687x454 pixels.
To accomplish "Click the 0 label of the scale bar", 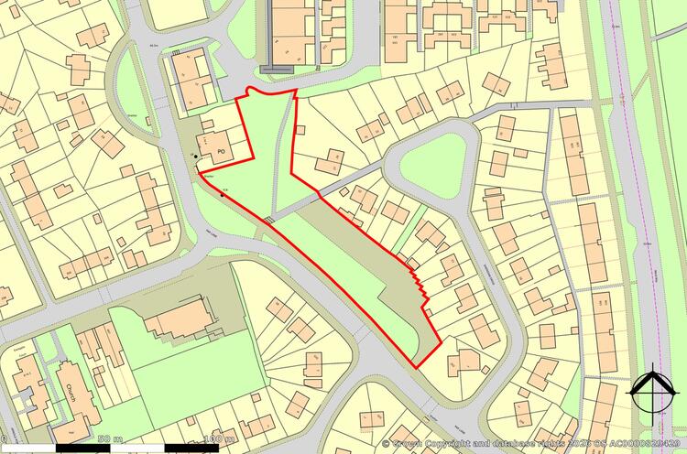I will click(5, 440).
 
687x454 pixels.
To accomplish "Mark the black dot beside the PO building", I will click(196, 157).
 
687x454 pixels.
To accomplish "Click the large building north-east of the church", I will click(179, 319).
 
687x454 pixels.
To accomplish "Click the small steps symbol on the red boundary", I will click(268, 220).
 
